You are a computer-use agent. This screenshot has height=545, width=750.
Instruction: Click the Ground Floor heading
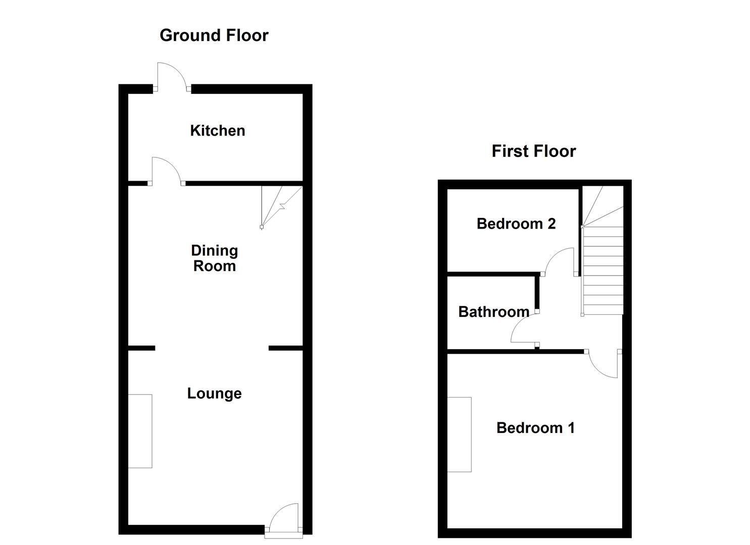click(x=214, y=35)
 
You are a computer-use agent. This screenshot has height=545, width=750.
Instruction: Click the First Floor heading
click(x=533, y=151)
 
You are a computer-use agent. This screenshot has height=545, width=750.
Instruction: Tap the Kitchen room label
click(x=218, y=130)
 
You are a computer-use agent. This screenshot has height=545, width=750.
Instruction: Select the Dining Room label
click(x=214, y=258)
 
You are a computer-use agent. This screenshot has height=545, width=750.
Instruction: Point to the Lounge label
click(x=214, y=393)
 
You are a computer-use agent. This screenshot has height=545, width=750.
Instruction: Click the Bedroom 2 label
click(x=516, y=223)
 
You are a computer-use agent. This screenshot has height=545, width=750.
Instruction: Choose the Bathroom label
click(x=493, y=311)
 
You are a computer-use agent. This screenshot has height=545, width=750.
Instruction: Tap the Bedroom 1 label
click(x=535, y=427)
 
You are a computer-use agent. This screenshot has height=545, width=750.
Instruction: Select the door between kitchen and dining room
click(x=166, y=171)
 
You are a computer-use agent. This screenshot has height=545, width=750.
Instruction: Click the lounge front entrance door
click(x=283, y=517)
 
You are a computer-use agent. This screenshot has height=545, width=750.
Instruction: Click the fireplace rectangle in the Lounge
click(x=140, y=431)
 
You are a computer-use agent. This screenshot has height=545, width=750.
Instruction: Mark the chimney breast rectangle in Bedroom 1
click(x=459, y=434)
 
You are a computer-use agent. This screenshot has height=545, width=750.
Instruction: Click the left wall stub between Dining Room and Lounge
click(x=141, y=348)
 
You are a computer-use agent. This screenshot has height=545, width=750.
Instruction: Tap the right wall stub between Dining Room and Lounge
click(x=285, y=348)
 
